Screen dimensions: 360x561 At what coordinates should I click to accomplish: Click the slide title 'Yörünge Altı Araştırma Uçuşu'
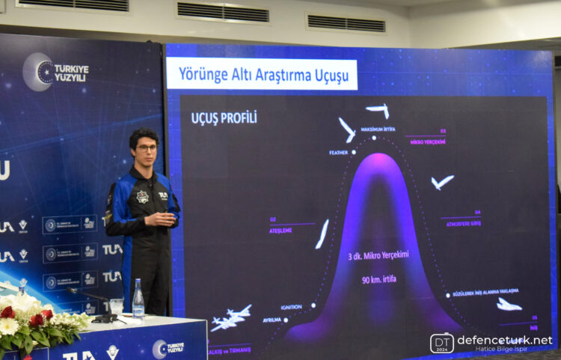[261, 74]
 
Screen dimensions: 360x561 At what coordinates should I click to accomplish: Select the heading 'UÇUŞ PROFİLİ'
[224, 118]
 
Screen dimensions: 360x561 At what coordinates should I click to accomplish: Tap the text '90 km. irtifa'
[377, 280]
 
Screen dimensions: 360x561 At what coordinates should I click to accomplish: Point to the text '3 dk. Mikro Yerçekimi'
[377, 254]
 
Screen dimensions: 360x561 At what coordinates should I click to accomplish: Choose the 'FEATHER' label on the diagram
[338, 153]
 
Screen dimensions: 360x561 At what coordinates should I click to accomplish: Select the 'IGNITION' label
[291, 307]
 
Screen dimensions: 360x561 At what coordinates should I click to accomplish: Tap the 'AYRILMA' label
[272, 319]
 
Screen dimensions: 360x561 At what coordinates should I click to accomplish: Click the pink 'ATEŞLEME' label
[280, 231]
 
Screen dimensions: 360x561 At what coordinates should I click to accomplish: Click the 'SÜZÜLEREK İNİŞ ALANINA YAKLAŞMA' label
[485, 291]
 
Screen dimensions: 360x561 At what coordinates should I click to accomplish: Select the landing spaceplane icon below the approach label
[509, 304]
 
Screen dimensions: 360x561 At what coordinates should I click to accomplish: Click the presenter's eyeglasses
[147, 148]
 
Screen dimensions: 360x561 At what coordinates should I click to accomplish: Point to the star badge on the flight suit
[142, 197]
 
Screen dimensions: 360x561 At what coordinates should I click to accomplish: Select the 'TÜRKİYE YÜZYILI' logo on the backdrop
[56, 72]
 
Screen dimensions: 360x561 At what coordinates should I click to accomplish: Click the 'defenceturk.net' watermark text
[504, 340]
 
